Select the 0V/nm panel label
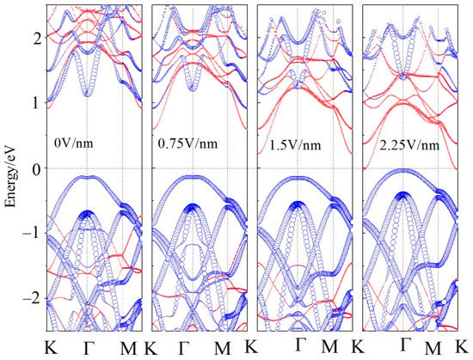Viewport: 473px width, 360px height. [71, 136]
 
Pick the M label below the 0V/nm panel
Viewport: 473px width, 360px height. [126, 348]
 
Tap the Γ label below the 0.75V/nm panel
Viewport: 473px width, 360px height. [186, 348]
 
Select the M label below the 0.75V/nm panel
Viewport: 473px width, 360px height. [222, 348]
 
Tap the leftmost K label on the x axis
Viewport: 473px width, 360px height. [49, 348]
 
